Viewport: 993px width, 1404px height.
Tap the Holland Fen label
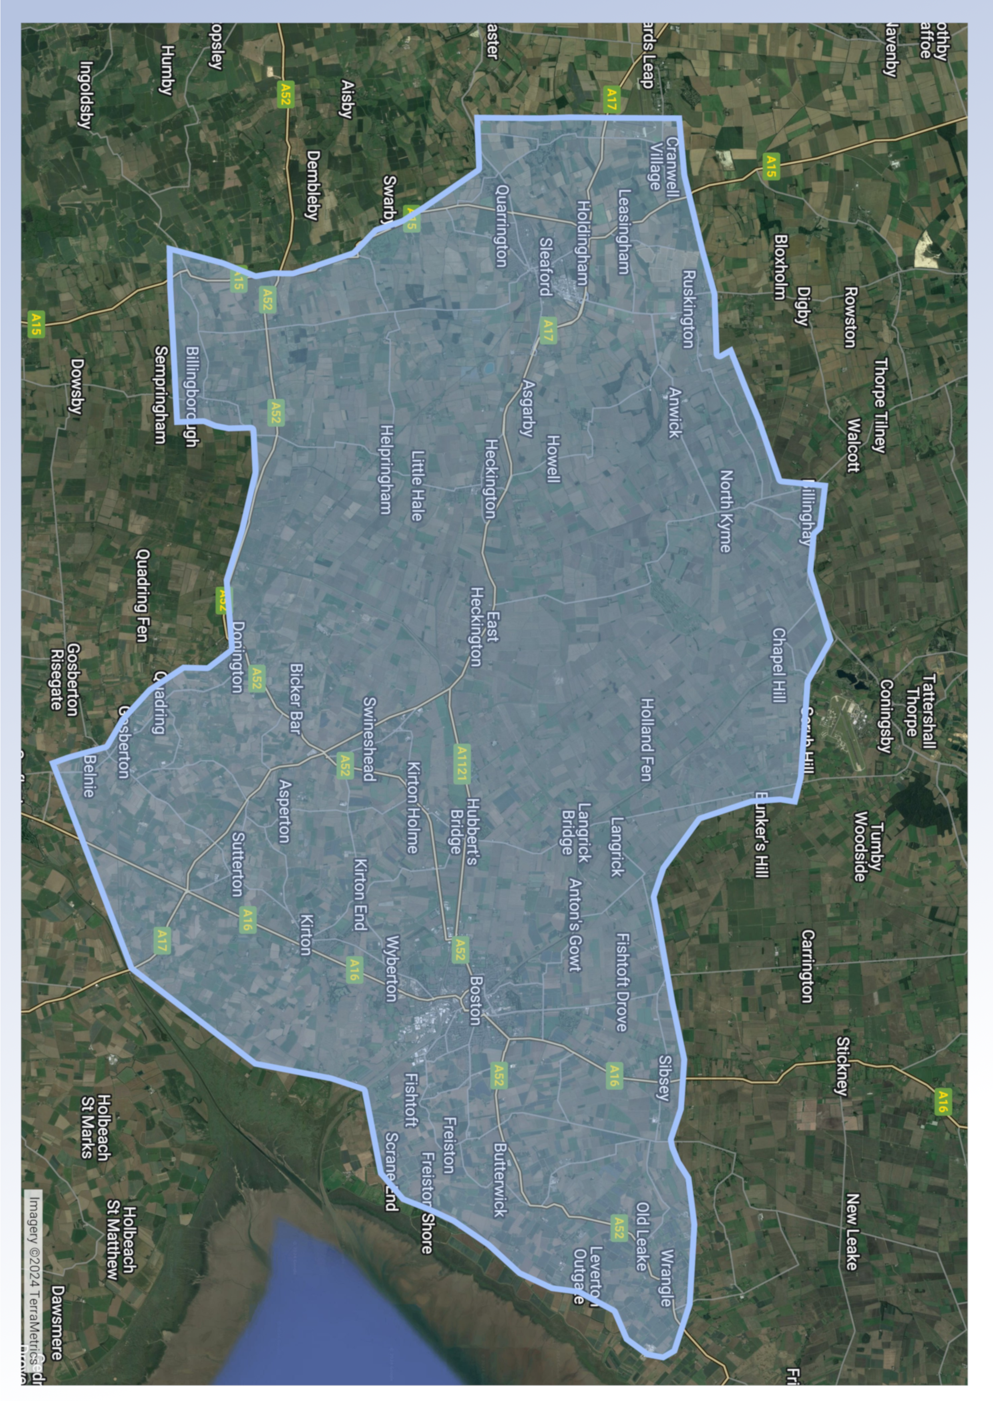tap(646, 740)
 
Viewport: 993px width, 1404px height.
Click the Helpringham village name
tap(386, 469)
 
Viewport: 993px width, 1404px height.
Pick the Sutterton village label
tap(237, 864)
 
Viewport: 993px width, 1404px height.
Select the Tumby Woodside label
tap(868, 846)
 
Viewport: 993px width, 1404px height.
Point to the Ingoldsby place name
tap(86, 95)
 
